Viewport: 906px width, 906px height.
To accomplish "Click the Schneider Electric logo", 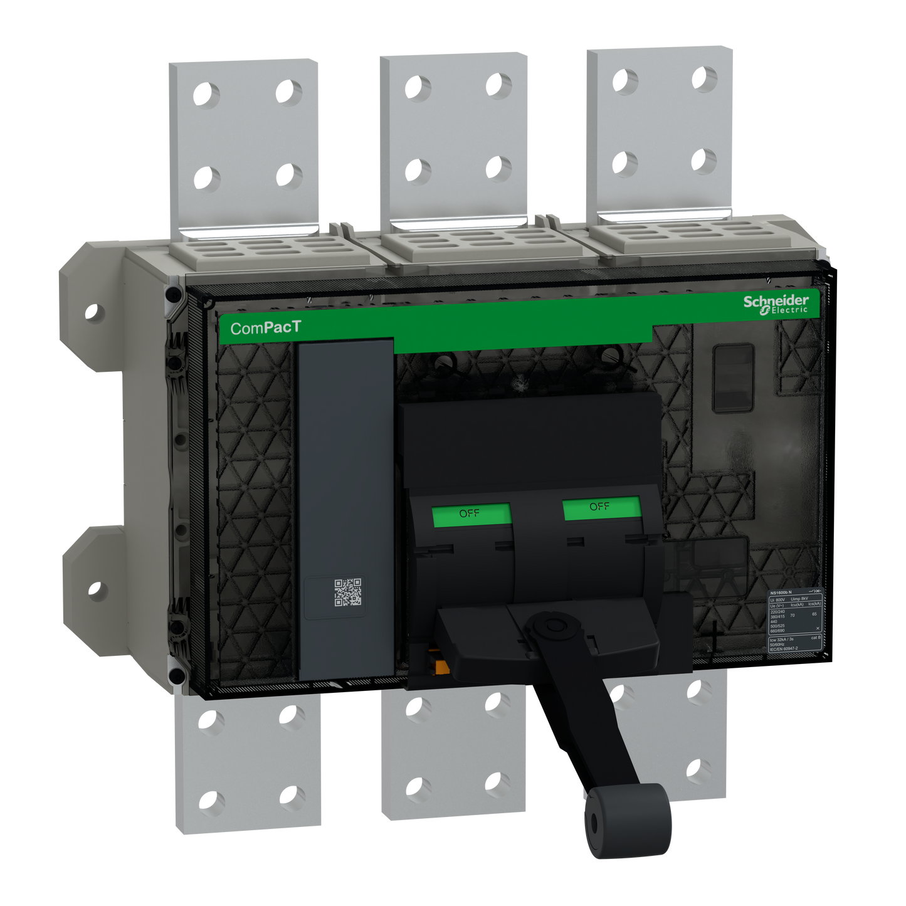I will pos(776,305).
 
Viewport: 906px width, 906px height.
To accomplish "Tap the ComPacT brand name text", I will pos(265,327).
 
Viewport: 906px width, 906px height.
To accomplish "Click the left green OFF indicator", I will pos(471,514).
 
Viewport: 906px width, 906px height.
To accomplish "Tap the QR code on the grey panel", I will pos(347,593).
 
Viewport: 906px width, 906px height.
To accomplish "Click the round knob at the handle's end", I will pos(628,821).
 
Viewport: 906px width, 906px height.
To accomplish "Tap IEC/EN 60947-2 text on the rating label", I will pos(784,649).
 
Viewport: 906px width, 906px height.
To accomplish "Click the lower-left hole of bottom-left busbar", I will pos(212,801).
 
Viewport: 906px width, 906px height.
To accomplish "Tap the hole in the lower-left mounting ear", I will pos(95,590).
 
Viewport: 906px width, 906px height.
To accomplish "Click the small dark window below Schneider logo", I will pos(734,378).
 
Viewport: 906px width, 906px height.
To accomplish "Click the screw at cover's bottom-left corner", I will pos(177,676).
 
